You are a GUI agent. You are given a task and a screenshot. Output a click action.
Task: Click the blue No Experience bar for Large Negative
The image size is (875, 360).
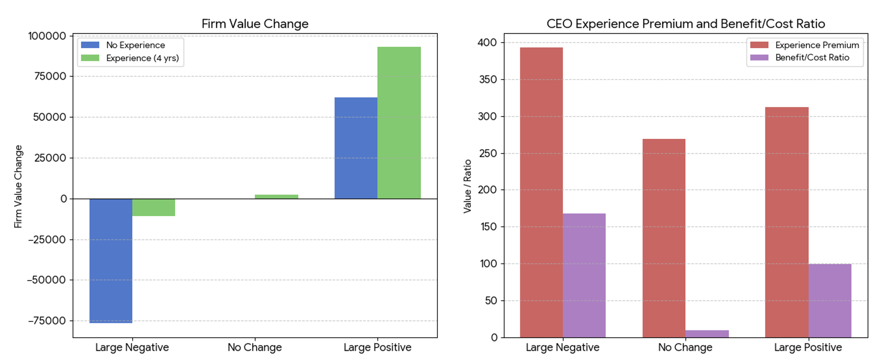point(111,261)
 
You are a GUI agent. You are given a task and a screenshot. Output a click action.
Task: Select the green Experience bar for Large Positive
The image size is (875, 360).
point(399,123)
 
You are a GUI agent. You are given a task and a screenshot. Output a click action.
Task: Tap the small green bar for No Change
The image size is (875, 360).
point(276,197)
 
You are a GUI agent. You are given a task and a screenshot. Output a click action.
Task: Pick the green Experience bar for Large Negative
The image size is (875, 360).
point(154,207)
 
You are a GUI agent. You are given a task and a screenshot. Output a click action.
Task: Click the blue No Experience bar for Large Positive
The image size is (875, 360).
point(356,148)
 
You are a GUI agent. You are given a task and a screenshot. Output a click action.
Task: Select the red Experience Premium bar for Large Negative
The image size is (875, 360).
point(541,192)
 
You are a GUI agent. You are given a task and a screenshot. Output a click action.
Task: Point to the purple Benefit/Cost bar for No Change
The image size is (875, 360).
point(707,334)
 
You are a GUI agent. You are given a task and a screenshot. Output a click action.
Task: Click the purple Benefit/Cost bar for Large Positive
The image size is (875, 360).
point(829,301)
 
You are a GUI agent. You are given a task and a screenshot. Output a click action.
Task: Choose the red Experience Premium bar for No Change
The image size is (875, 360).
point(664,238)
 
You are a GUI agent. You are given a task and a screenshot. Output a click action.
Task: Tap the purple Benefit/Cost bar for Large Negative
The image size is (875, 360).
point(584,275)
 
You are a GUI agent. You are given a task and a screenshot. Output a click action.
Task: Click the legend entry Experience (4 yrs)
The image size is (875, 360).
point(142,58)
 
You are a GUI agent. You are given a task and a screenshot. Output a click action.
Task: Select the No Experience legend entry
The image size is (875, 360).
point(135,45)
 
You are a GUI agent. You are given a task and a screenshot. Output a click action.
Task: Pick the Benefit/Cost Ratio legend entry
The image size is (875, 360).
point(812,58)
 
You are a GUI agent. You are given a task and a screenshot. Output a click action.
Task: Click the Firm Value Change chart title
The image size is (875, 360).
point(255,24)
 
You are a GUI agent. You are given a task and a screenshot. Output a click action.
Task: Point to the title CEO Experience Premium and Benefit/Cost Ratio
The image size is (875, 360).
point(685,24)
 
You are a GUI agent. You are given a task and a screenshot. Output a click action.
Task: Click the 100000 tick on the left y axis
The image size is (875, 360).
point(47,36)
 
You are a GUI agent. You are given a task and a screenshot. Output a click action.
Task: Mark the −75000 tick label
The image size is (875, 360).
point(46,321)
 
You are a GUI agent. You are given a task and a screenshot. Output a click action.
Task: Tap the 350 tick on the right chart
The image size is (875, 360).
point(487,80)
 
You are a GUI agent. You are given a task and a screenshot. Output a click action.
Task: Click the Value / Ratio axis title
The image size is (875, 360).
point(468,186)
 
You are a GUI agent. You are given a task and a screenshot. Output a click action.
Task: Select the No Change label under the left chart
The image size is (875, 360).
point(254,348)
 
